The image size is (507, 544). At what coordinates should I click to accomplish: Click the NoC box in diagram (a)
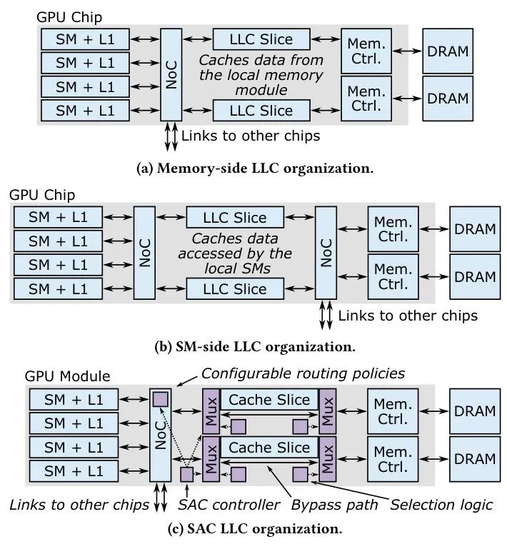tap(171, 74)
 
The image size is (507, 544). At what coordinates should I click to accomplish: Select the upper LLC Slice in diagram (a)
tap(262, 39)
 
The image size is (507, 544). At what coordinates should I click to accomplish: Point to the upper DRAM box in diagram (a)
tap(447, 51)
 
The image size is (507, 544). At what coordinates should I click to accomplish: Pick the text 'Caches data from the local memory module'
tap(261, 75)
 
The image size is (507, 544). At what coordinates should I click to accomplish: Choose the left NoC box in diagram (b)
tap(144, 253)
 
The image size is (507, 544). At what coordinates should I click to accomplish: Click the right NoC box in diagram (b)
tap(326, 253)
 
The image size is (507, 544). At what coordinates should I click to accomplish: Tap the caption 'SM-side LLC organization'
tap(255, 347)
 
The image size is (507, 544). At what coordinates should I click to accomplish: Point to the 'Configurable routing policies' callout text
tap(303, 373)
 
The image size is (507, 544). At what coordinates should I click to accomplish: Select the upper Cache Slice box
tap(269, 400)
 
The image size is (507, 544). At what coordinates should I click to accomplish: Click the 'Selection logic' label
tap(441, 505)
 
